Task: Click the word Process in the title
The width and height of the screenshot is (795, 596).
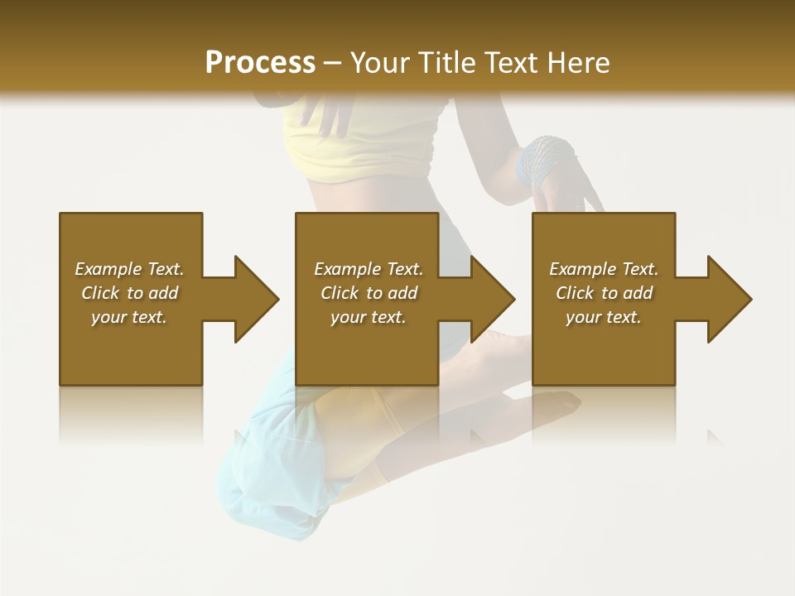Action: coord(260,63)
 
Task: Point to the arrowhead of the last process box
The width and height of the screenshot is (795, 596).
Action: coord(728,299)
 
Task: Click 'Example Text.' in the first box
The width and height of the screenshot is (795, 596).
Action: coord(129,269)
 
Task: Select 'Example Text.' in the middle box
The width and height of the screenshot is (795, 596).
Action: coord(368,269)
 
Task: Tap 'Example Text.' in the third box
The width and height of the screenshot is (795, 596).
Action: coord(604,269)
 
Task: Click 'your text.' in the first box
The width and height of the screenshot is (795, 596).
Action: coord(129,317)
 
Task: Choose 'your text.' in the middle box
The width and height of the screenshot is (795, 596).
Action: coord(368,317)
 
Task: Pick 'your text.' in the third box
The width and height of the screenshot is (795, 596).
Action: coord(604,317)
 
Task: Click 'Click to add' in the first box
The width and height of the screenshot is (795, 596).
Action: coord(129,293)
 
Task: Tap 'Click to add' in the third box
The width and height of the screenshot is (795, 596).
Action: coord(604,293)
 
